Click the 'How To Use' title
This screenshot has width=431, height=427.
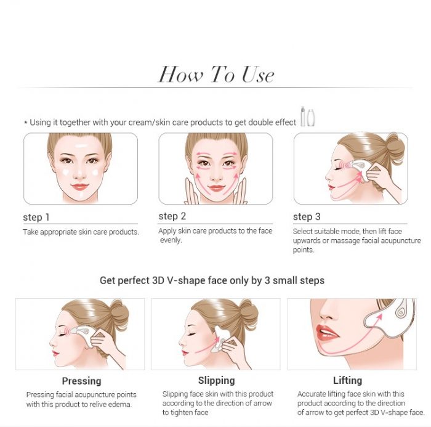(x=216, y=75)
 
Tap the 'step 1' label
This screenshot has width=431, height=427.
(x=36, y=217)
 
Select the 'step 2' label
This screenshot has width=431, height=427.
(x=172, y=216)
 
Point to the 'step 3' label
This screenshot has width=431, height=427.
(x=307, y=217)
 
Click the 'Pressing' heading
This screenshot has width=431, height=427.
(x=82, y=381)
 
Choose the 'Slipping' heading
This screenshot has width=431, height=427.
(x=217, y=380)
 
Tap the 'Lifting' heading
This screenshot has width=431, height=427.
(x=347, y=380)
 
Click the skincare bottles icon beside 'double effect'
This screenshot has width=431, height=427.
(x=308, y=116)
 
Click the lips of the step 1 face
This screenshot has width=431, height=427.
(x=79, y=187)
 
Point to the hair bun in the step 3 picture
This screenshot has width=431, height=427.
(x=396, y=148)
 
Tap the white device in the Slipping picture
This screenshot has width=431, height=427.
(x=219, y=339)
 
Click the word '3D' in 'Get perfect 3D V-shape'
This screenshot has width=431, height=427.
(x=158, y=280)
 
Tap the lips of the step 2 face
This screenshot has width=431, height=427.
(x=216, y=189)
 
